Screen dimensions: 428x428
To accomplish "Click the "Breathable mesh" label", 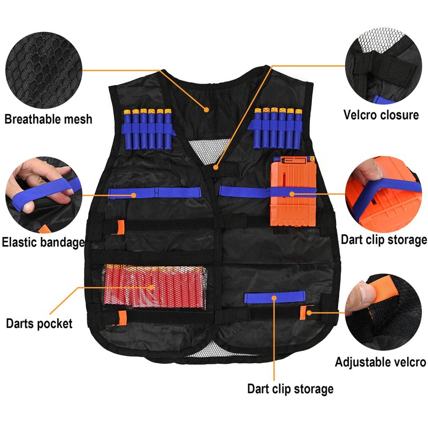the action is click(x=48, y=119).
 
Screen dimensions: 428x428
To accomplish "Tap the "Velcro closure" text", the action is click(x=381, y=115).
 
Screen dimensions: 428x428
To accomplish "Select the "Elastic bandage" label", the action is click(x=43, y=242).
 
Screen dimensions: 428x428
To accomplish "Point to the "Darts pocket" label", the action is click(x=39, y=324).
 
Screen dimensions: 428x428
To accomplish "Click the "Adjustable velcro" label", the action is click(x=380, y=362).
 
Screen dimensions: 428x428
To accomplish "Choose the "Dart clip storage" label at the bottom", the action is click(x=290, y=389).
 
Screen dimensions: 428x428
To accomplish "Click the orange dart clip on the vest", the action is click(x=293, y=192).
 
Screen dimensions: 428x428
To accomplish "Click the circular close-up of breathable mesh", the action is click(x=44, y=70).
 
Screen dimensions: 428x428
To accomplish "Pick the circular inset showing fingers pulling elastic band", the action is click(x=44, y=195).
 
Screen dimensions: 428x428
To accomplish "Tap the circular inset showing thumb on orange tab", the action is click(x=383, y=312).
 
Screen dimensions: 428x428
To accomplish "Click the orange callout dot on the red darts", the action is click(x=151, y=287).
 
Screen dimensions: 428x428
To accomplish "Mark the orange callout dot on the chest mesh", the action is click(x=207, y=110).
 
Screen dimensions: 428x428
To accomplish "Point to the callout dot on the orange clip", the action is click(x=292, y=194).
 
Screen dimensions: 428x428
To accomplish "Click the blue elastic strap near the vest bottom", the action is click(x=275, y=297).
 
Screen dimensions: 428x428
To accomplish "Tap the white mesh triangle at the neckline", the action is click(x=209, y=151).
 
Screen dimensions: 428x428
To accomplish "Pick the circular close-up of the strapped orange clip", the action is click(x=383, y=194).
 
